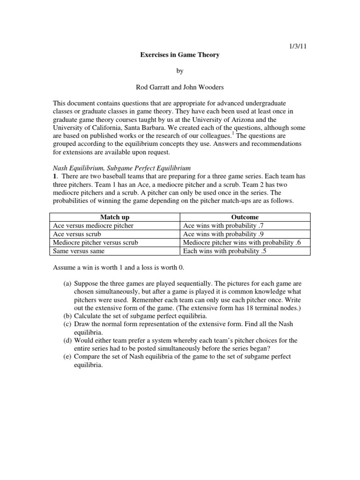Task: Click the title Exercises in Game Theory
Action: coord(180,55)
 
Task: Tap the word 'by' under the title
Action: coord(180,71)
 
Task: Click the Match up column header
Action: coord(115,217)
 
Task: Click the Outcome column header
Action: coord(245,217)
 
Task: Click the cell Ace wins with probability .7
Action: coord(224,225)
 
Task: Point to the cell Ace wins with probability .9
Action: coord(224,234)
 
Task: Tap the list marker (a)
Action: coord(68,284)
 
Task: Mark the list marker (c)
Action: coord(68,324)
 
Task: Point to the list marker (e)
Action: coord(68,357)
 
